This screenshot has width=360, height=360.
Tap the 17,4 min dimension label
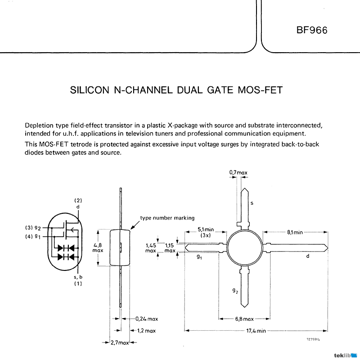click(256, 331)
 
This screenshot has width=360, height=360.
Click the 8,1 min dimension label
click(295, 232)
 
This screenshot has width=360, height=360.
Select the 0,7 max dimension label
click(238, 172)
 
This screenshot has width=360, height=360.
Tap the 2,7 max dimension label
click(120, 342)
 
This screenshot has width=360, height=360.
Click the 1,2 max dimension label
click(146, 331)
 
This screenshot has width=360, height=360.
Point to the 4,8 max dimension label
click(98, 247)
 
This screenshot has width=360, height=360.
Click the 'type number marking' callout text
click(167, 218)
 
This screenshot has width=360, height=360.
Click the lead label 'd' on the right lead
click(307, 256)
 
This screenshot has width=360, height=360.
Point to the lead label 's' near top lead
click(252, 203)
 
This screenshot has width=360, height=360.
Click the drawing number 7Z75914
click(318, 340)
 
